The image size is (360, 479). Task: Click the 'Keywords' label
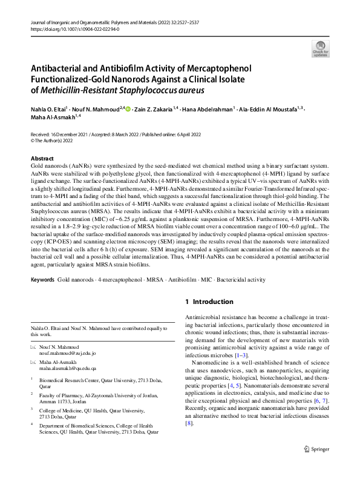42,282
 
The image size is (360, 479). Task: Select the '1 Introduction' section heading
209,302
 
